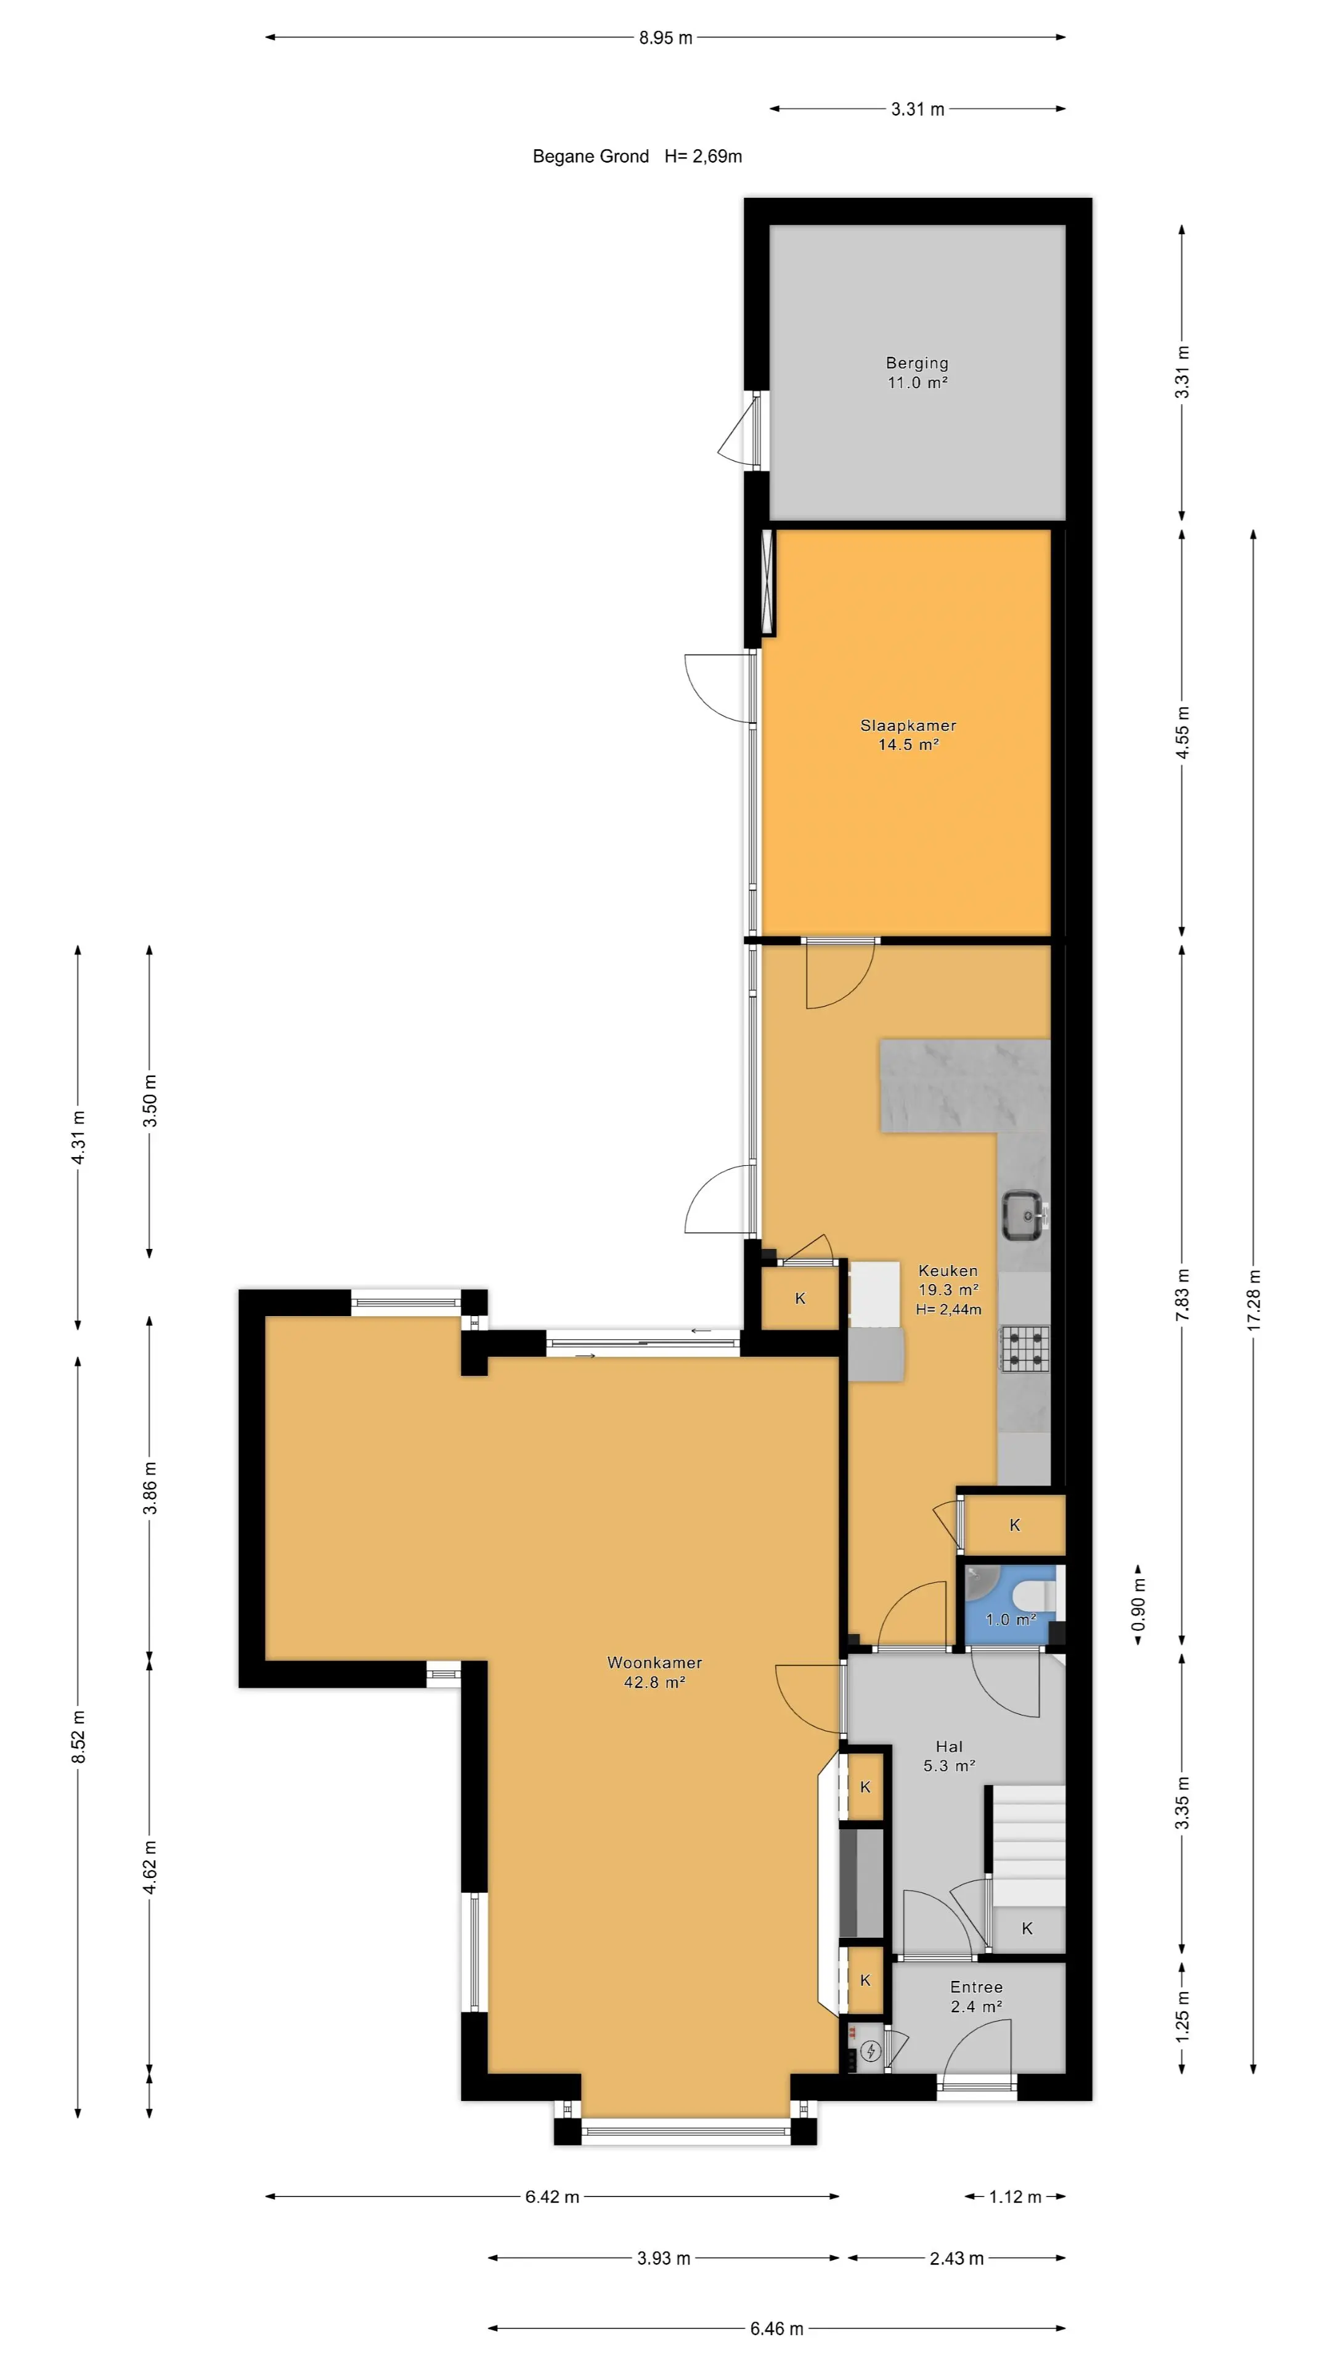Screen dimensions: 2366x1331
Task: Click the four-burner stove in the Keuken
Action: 1024,1348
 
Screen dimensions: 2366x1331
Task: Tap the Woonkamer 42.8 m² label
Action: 654,1672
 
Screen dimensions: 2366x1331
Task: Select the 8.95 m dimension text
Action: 665,38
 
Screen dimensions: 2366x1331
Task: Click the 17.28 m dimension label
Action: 1254,1299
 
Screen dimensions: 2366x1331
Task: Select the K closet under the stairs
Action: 1027,1929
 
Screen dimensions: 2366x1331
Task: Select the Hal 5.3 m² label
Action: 949,1755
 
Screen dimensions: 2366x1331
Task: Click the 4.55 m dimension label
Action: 1182,732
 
